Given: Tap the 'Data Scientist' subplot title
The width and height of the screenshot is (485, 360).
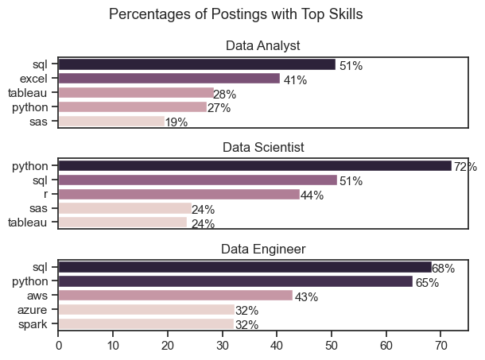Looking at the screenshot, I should pyautogui.click(x=262, y=146).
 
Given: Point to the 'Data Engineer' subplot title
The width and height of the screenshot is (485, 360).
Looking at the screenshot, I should pyautogui.click(x=262, y=250).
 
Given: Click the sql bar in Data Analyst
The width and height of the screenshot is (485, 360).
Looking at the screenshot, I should pyautogui.click(x=196, y=64).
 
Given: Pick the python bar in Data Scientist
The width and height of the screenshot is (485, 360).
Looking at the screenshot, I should pyautogui.click(x=254, y=166).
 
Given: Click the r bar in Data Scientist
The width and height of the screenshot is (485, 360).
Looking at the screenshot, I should pyautogui.click(x=178, y=195).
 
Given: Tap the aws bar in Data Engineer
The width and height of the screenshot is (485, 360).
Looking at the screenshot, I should pyautogui.click(x=175, y=296).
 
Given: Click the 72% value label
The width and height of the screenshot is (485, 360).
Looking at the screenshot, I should pyautogui.click(x=465, y=167).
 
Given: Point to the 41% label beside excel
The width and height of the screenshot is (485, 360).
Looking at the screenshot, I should pyautogui.click(x=295, y=79).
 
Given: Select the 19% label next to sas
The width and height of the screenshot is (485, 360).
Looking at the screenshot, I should pyautogui.click(x=177, y=122).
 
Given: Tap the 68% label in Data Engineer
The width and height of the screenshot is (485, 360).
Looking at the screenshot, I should pyautogui.click(x=443, y=269).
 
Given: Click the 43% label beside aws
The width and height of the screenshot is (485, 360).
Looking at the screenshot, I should pyautogui.click(x=306, y=297).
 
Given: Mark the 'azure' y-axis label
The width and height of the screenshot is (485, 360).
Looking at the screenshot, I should pyautogui.click(x=37, y=310).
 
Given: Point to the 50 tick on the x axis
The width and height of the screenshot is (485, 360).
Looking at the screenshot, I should pyautogui.click(x=331, y=346).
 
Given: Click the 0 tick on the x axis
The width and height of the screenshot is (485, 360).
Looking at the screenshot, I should pyautogui.click(x=58, y=346).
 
